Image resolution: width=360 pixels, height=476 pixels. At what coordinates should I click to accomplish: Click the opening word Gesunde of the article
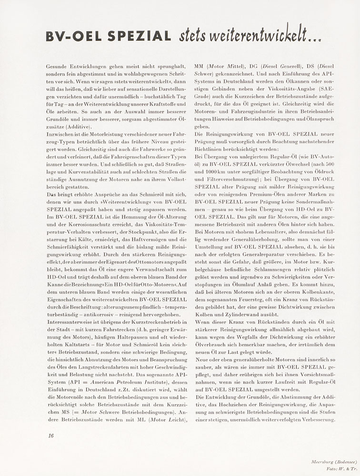(x=58, y=67)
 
